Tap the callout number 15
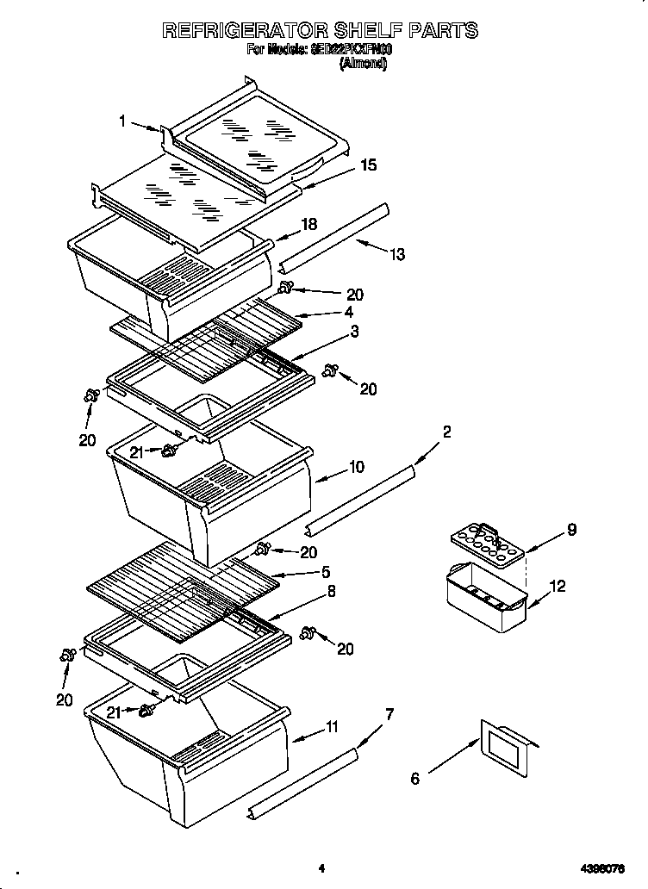(x=368, y=165)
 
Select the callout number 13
(x=396, y=254)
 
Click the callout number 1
(x=123, y=122)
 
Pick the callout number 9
(x=570, y=530)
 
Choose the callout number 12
(x=558, y=587)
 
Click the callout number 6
(x=415, y=779)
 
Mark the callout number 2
(x=446, y=432)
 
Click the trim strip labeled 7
(x=302, y=784)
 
